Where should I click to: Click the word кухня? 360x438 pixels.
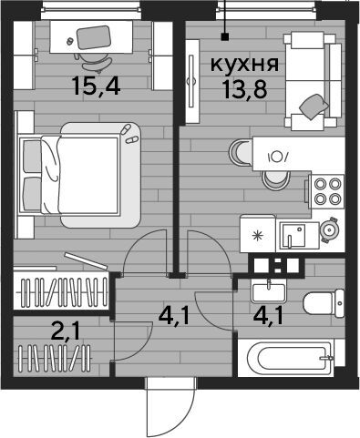(244, 65)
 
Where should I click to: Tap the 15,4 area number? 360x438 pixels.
(97, 86)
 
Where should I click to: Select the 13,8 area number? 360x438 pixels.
(244, 89)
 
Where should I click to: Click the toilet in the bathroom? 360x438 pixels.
(324, 303)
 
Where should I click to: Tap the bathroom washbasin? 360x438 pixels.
(269, 293)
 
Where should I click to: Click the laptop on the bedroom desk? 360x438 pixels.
(93, 37)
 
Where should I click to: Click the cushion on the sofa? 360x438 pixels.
(314, 107)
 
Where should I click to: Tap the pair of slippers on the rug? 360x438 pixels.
(129, 135)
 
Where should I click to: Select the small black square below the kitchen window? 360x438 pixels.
(225, 36)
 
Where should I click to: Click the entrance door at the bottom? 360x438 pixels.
(170, 408)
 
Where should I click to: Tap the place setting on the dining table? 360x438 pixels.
(277, 157)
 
